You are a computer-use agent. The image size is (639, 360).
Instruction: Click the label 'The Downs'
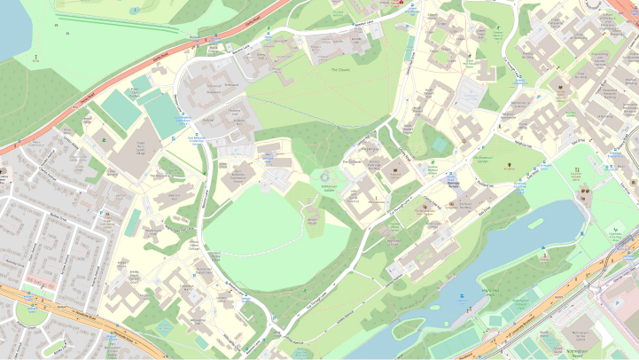pos(340,69)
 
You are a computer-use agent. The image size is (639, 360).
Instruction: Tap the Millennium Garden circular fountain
pos(325,177)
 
